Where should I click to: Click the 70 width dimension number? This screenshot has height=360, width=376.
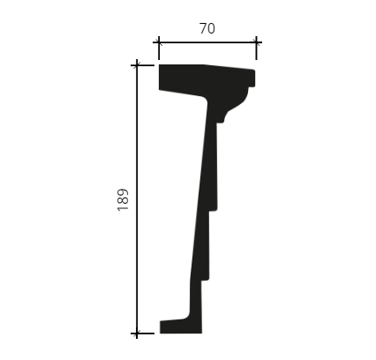pos(207,28)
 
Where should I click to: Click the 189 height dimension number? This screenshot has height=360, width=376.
pos(123,200)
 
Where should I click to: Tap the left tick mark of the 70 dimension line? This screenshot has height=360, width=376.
pos(159,42)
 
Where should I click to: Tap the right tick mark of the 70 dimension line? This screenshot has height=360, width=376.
pos(256,42)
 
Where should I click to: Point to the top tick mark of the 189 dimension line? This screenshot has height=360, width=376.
pos(137,65)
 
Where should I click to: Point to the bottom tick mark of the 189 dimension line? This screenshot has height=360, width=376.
pos(137,334)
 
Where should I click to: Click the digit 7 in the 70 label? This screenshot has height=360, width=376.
pos(203,28)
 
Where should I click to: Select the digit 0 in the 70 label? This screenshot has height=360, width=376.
pos(211,28)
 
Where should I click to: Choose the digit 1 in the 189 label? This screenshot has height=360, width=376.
pos(123,208)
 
